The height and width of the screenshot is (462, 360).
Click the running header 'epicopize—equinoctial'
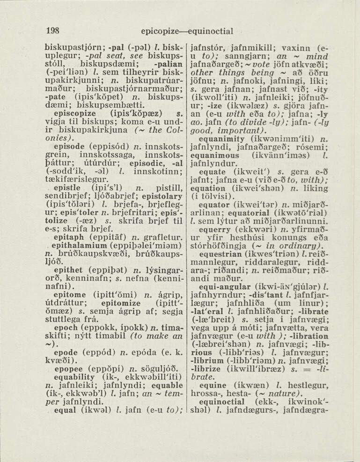click(186, 32)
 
